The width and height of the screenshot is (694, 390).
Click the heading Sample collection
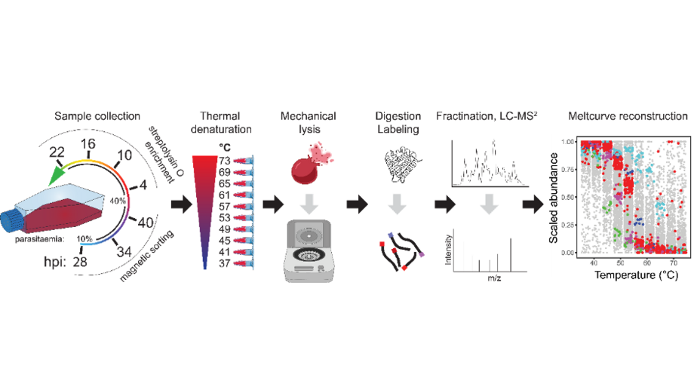(97, 116)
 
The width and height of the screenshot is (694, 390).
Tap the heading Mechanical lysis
(308, 123)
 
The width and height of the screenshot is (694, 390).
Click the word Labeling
(397, 129)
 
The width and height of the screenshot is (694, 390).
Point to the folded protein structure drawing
(398, 166)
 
